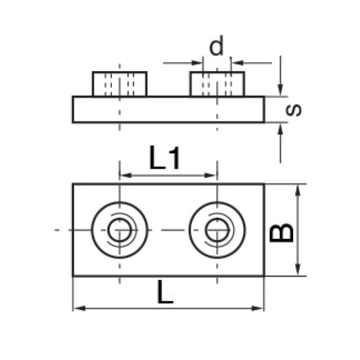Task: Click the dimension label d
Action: click(216, 46)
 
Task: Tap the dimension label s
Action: click(294, 110)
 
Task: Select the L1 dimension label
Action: click(164, 157)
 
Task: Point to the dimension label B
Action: click(282, 232)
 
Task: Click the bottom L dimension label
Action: click(165, 292)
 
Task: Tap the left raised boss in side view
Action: click(120, 84)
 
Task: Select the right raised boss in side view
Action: click(217, 84)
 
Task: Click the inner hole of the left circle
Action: click(119, 230)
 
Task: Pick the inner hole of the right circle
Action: click(217, 230)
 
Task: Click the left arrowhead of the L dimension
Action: click(79, 308)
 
